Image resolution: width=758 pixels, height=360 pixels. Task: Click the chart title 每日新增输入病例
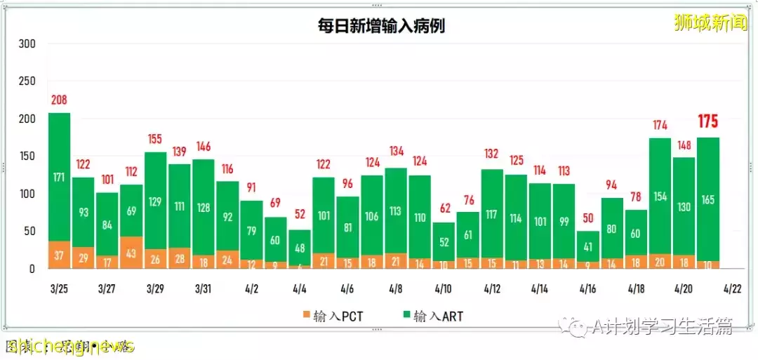tap(380, 26)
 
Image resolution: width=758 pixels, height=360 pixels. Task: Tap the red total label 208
tap(59, 100)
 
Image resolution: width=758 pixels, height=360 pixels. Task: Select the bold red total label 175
tap(707, 122)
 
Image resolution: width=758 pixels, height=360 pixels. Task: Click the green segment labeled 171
tap(59, 177)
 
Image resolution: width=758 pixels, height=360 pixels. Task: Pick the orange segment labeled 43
tap(131, 253)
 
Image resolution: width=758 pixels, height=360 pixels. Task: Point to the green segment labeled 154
tap(660, 195)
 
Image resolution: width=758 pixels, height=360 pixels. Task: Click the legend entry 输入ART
tap(431, 316)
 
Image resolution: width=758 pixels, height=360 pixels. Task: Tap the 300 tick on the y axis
tap(27, 44)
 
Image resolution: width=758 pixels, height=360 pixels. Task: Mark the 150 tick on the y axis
tap(27, 156)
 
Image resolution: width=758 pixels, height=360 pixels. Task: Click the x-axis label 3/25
tap(59, 288)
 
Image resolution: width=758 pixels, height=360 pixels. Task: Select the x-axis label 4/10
tap(444, 288)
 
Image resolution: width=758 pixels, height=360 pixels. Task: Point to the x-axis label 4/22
tap(732, 288)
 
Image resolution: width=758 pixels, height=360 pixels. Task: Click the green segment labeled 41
tap(588, 246)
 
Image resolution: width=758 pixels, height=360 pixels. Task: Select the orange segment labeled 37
tap(59, 255)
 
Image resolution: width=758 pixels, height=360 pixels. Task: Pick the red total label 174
tap(660, 126)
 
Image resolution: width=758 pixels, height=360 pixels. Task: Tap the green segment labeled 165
tap(707, 199)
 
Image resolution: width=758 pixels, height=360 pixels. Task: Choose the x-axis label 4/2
tap(251, 288)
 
